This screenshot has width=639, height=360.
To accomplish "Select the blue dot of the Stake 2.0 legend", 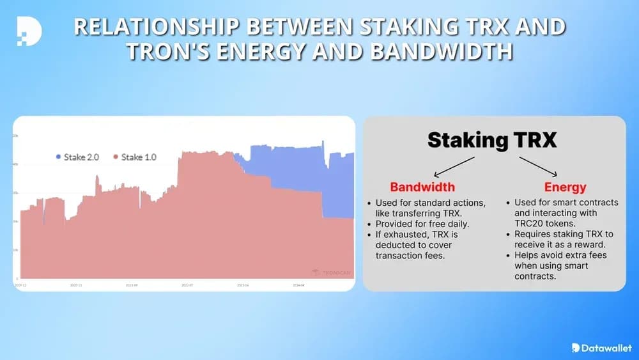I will [x=58, y=157].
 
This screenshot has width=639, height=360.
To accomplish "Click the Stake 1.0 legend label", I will [x=139, y=157].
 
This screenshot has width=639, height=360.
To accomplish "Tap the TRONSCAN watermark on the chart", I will [x=333, y=272].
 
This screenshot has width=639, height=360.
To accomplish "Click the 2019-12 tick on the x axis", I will [x=21, y=285].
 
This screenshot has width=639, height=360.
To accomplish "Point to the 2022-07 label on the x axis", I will [x=187, y=285].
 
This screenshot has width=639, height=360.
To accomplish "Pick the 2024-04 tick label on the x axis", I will [x=299, y=285].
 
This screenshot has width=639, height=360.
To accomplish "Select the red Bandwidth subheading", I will [x=422, y=187].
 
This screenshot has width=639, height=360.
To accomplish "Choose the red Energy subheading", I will [x=566, y=187].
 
